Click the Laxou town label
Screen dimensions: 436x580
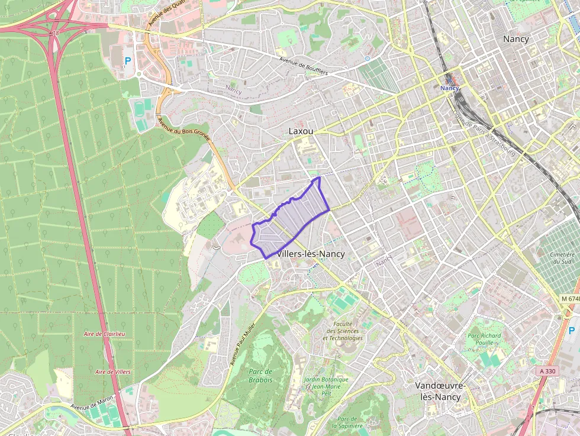301,131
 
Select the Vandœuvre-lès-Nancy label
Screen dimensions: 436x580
440,391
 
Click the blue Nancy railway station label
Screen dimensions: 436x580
450,88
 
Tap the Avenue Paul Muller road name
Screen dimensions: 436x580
243,344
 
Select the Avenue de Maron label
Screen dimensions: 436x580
92,403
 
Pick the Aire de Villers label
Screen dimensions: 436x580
112,372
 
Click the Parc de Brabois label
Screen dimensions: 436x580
260,376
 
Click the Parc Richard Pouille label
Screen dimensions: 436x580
484,339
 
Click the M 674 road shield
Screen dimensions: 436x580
569,299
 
